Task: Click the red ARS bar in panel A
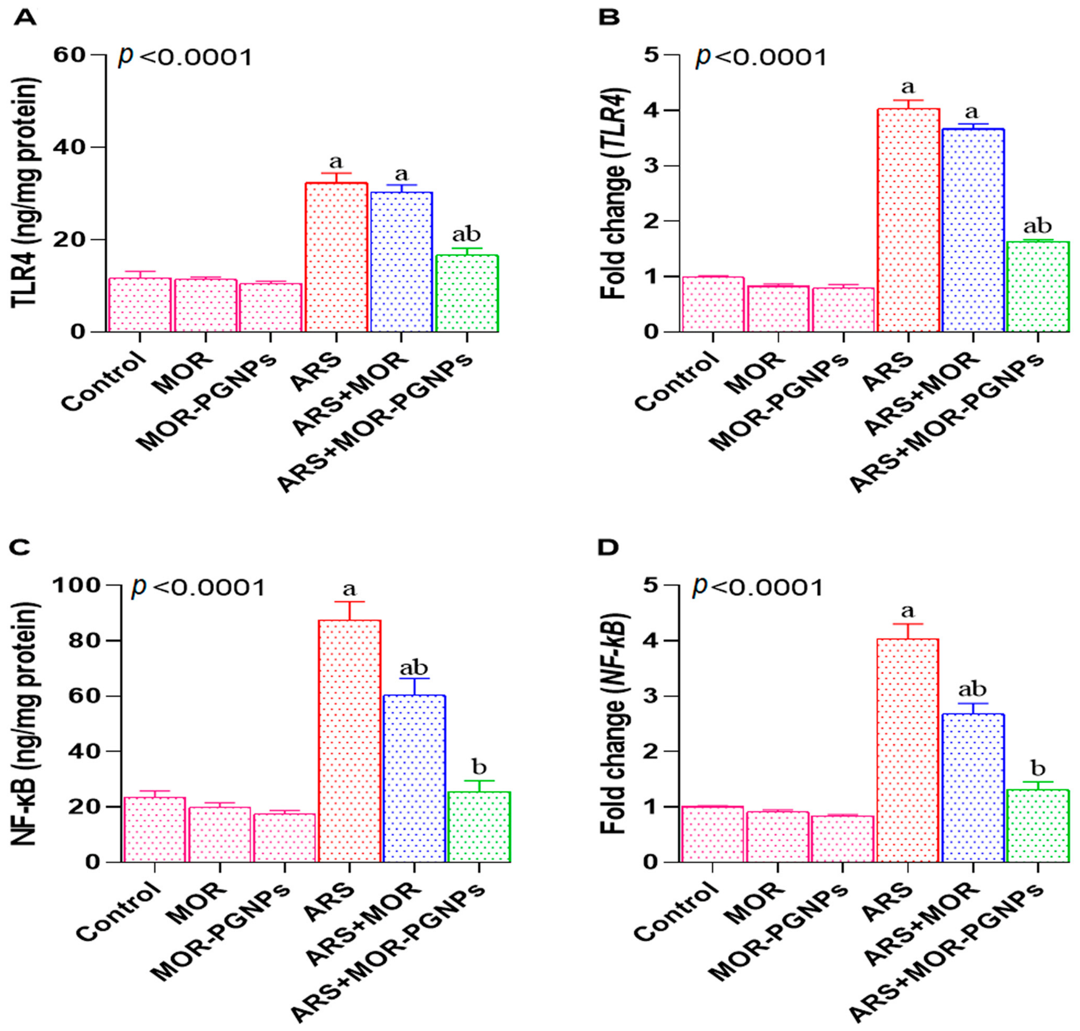(x=336, y=257)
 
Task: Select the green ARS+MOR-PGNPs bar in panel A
(x=467, y=293)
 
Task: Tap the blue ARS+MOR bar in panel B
(x=973, y=230)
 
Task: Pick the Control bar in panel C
(x=154, y=829)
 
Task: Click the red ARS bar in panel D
(x=908, y=750)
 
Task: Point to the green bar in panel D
(x=1038, y=826)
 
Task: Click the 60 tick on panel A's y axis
(x=69, y=55)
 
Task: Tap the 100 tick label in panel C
(x=76, y=585)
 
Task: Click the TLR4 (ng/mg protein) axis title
(x=26, y=193)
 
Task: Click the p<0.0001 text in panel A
(x=185, y=57)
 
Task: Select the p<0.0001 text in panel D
(x=758, y=587)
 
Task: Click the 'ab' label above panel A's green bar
(x=466, y=235)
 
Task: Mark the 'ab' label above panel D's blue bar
(x=972, y=689)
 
